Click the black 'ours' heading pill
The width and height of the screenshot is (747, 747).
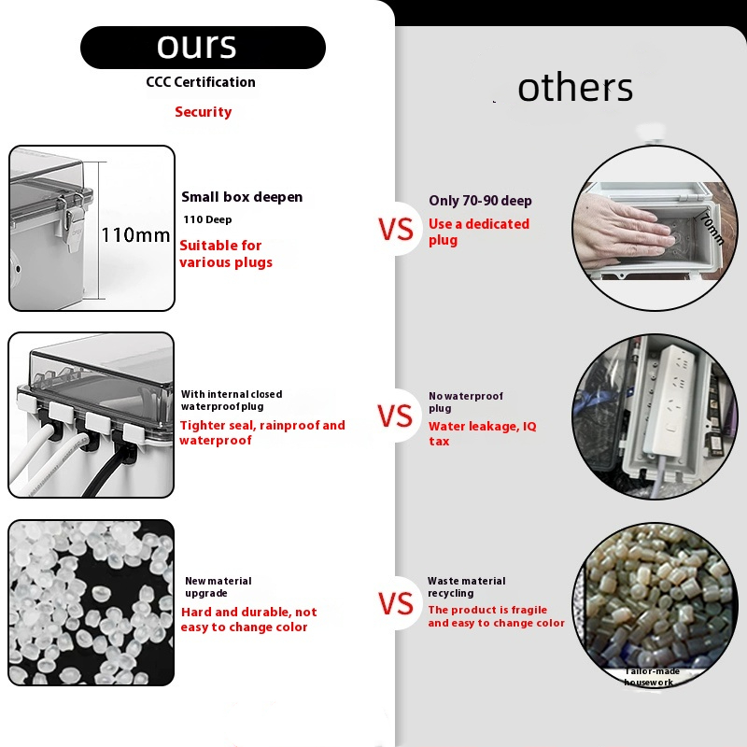tap(203, 48)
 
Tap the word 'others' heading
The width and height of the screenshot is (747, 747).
tap(575, 87)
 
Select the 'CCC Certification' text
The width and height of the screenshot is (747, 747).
tap(201, 82)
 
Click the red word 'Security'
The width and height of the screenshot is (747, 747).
tap(203, 112)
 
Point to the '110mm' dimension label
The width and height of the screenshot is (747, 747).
tap(135, 235)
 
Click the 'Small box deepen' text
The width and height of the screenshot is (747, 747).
tap(242, 197)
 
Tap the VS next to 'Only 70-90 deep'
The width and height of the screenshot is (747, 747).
tap(396, 229)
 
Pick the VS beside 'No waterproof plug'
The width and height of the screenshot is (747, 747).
tap(395, 416)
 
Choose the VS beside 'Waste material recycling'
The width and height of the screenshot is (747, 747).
tap(396, 603)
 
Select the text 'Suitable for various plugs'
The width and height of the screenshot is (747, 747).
tap(226, 254)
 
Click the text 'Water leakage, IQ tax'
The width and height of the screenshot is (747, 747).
tap(482, 433)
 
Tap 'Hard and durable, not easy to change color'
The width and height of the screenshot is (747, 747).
tap(248, 619)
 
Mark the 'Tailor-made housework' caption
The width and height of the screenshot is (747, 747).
tap(650, 676)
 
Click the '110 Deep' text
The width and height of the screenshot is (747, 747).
tap(207, 219)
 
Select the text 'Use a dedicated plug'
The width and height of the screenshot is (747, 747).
tap(479, 232)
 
